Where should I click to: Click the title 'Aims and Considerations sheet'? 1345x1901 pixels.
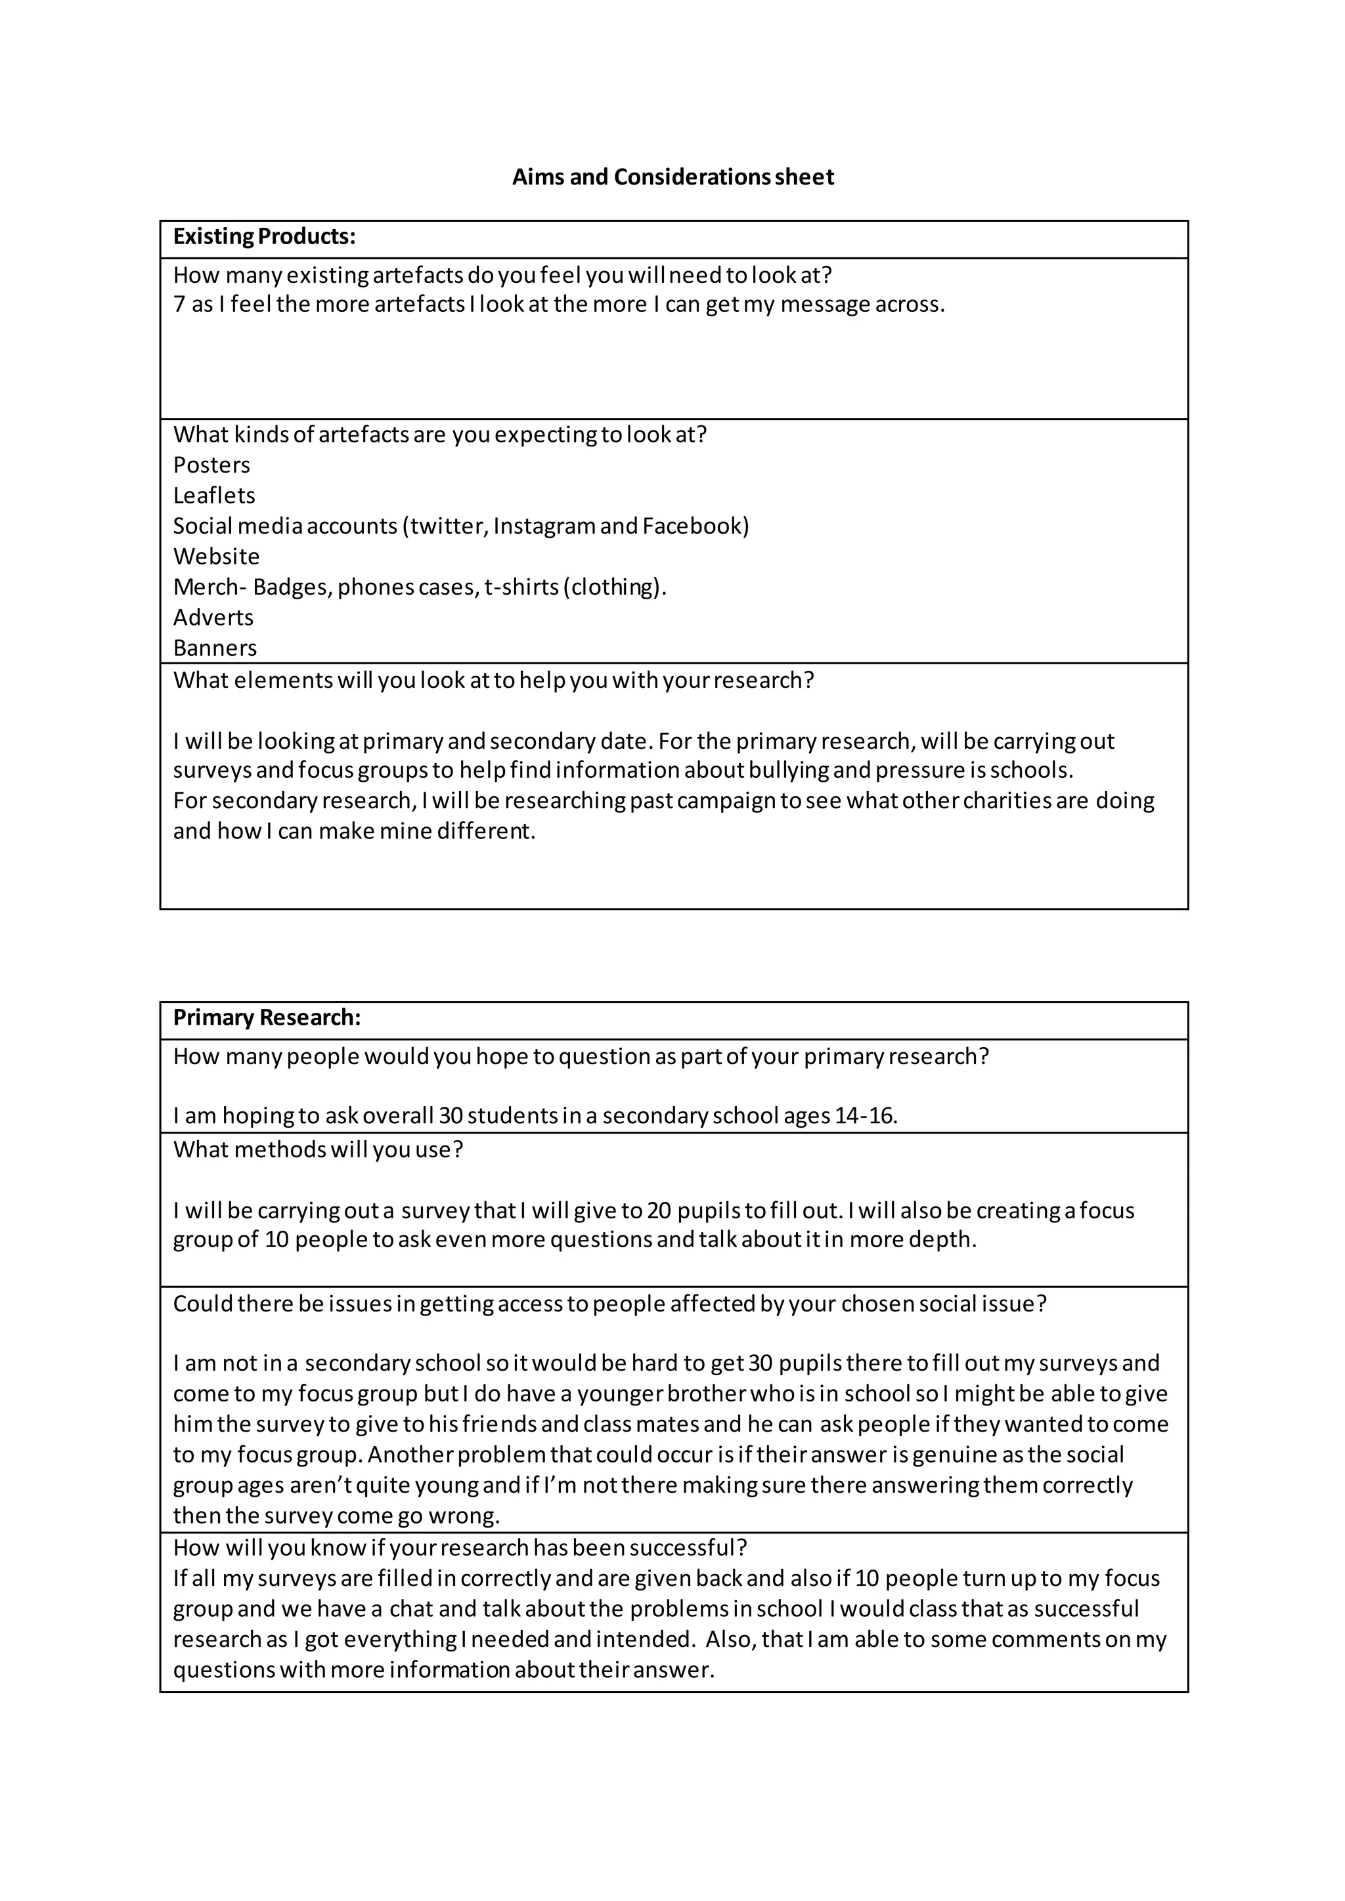click(672, 177)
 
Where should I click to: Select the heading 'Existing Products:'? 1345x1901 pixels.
click(264, 237)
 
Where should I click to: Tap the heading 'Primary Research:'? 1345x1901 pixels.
click(267, 1017)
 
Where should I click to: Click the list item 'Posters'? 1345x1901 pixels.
click(211, 465)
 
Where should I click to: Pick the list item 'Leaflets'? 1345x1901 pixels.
click(213, 496)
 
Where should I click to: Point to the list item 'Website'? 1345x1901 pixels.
click(216, 557)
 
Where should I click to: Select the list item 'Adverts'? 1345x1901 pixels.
click(213, 618)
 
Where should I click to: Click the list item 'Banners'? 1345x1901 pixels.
click(215, 649)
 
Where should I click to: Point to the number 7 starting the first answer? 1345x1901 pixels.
click(179, 305)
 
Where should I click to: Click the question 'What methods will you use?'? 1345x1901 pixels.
click(318, 1150)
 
